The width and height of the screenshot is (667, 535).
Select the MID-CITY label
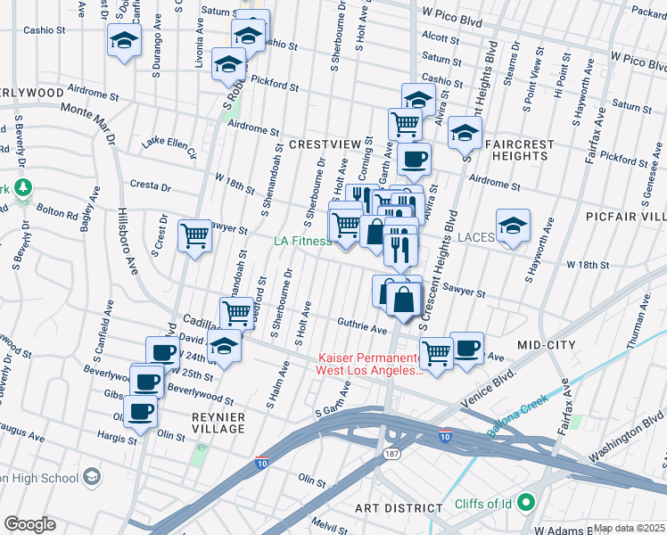click(x=547, y=344)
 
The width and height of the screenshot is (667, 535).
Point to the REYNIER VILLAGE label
click(x=205, y=423)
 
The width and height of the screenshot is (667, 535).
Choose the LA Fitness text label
click(x=301, y=242)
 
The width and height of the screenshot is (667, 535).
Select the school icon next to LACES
click(x=513, y=226)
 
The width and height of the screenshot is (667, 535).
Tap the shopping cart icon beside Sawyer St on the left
click(x=194, y=235)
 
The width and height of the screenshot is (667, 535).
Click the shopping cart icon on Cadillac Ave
click(x=236, y=313)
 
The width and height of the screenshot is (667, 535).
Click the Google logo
click(x=29, y=524)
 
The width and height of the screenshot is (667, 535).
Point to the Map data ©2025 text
click(x=630, y=528)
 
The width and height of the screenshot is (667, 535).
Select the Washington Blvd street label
click(x=622, y=449)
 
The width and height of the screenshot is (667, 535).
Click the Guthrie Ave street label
click(x=361, y=325)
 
